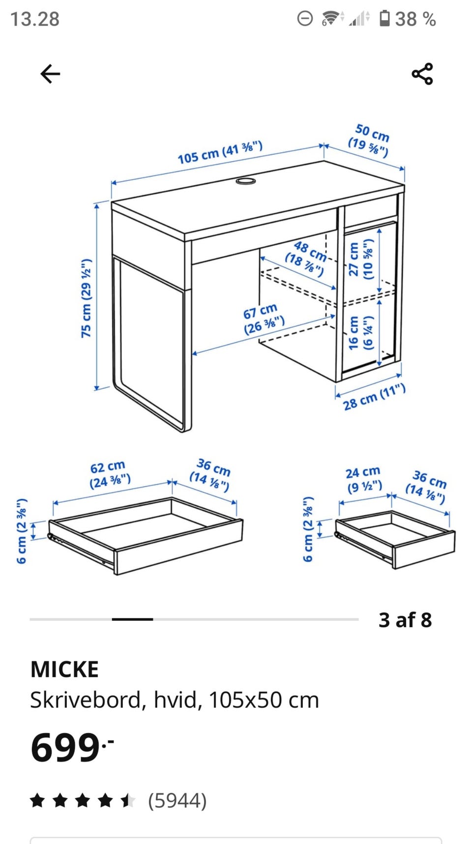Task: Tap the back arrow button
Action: [x=50, y=74]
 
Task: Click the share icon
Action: [x=422, y=74]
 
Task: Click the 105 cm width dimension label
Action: [x=220, y=152]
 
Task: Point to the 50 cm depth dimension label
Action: [x=369, y=141]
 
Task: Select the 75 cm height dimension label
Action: [x=86, y=298]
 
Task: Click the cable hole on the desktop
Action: [x=245, y=181]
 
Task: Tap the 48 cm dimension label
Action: [x=306, y=258]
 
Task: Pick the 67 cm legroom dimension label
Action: [x=264, y=319]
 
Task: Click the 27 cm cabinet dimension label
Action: [x=360, y=259]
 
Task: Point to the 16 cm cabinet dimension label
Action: [x=360, y=332]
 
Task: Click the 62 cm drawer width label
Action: [x=110, y=474]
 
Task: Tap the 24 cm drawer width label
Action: [x=364, y=480]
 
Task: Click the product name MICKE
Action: [x=64, y=669]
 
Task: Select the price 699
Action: [x=72, y=747]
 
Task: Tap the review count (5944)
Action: [x=177, y=800]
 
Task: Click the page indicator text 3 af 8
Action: [x=405, y=620]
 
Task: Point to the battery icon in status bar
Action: [x=384, y=19]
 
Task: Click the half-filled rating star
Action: [x=128, y=800]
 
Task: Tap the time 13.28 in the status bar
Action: [x=35, y=19]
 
